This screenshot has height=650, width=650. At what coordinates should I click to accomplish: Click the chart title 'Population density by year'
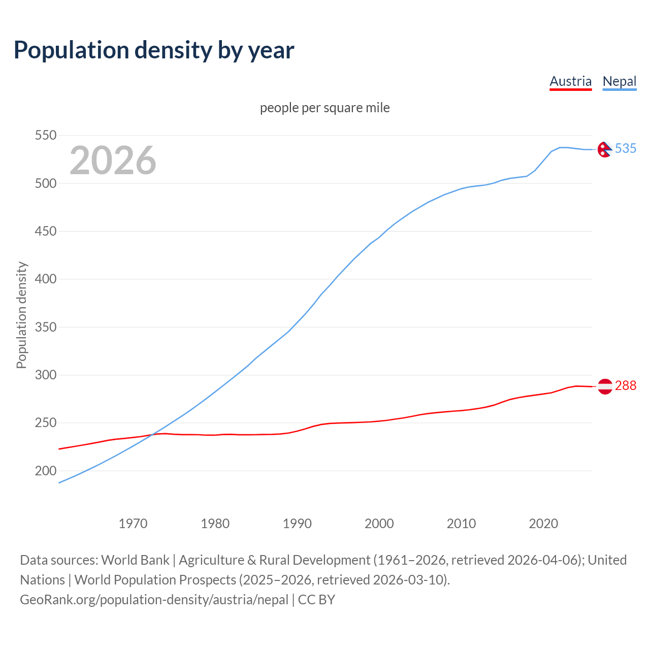pyautogui.click(x=154, y=50)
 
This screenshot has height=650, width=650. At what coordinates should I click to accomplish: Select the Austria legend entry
pyautogui.click(x=570, y=81)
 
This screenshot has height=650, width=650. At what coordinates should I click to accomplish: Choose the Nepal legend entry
pyautogui.click(x=619, y=81)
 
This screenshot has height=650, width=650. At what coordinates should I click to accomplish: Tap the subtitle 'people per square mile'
pyautogui.click(x=324, y=108)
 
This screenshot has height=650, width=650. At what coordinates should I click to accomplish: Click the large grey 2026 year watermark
pyautogui.click(x=113, y=160)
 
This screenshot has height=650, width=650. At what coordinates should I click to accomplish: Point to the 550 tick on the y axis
pyautogui.click(x=45, y=136)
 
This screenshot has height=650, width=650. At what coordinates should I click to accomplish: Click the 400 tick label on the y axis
pyautogui.click(x=45, y=279)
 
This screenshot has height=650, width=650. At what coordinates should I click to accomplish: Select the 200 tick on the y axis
pyautogui.click(x=45, y=471)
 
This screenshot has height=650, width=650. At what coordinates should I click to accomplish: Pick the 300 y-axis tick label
pyautogui.click(x=45, y=375)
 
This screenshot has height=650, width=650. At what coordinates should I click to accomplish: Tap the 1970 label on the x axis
pyautogui.click(x=133, y=524)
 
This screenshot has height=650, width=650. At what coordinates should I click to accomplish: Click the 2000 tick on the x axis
pyautogui.click(x=379, y=524)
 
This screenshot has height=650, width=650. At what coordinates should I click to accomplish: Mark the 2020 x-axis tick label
pyautogui.click(x=543, y=524)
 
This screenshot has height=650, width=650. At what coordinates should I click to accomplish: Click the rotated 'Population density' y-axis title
pyautogui.click(x=21, y=315)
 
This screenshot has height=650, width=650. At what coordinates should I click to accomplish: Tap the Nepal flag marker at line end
pyautogui.click(x=604, y=149)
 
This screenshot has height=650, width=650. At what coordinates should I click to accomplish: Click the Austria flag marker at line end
pyautogui.click(x=604, y=386)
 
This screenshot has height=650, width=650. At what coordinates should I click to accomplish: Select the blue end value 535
pyautogui.click(x=626, y=148)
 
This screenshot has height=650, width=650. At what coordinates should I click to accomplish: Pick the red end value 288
pyautogui.click(x=626, y=386)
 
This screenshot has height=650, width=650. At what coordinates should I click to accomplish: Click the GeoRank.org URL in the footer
pyautogui.click(x=154, y=600)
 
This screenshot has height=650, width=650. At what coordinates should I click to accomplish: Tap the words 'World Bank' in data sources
pyautogui.click(x=135, y=560)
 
